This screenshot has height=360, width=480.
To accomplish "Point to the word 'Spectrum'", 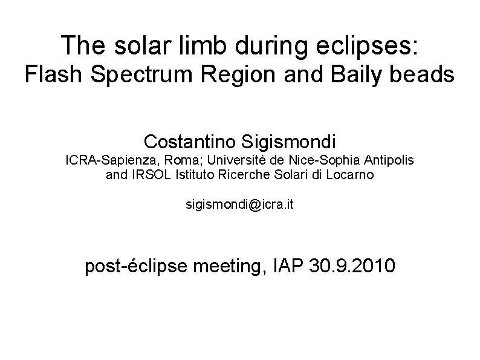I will coord(138,75).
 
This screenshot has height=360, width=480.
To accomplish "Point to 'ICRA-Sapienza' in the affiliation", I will coord(102,161).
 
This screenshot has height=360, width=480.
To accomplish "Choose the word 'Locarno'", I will coord(351,175).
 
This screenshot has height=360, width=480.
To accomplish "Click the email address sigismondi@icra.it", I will coord(239,205).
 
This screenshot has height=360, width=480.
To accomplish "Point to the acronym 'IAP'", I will coord(290,264).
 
